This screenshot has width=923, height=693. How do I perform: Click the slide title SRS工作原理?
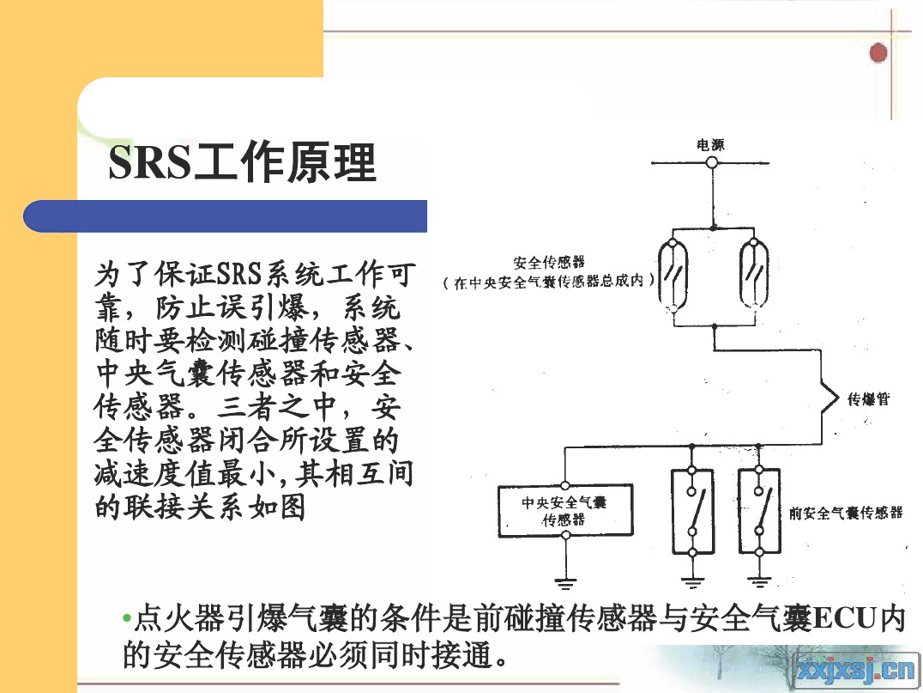click(x=242, y=161)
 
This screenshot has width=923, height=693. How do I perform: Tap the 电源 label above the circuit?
click(x=710, y=144)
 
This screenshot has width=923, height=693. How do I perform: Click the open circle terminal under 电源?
click(x=712, y=162)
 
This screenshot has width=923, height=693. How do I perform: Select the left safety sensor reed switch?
click(x=673, y=273)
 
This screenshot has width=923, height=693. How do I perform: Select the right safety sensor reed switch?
click(x=754, y=273)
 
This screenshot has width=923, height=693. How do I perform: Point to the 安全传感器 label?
click(x=549, y=262)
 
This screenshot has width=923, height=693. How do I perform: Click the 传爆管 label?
click(x=869, y=399)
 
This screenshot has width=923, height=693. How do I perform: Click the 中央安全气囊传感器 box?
click(x=565, y=510)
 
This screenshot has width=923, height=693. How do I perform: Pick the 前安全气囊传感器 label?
click(x=846, y=513)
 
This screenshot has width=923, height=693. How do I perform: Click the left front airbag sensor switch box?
click(x=692, y=511)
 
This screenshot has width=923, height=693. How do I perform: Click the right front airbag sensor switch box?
click(x=759, y=511)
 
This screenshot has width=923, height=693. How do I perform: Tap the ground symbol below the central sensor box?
click(x=565, y=584)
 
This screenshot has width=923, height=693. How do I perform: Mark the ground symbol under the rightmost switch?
click(x=759, y=583)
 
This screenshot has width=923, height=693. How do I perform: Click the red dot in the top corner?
click(x=878, y=53)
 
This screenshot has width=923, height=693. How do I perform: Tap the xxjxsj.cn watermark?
click(x=856, y=671)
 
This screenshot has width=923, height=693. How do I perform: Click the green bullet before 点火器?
click(x=126, y=618)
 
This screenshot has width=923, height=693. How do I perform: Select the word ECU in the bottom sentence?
click(x=842, y=619)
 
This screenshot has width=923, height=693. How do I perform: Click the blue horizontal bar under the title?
click(x=225, y=216)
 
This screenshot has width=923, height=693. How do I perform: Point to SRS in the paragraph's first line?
click(x=239, y=274)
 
